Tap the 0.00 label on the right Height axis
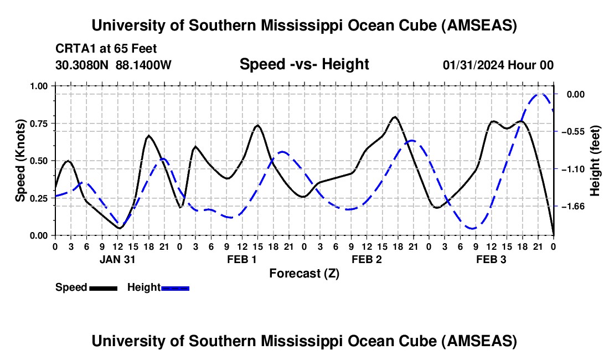click(x=576, y=95)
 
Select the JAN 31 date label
click(x=117, y=259)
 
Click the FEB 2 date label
click(x=367, y=259)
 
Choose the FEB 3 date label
click(x=492, y=259)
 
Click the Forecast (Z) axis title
click(x=304, y=273)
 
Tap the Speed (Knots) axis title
click(x=20, y=161)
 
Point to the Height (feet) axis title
click(x=596, y=161)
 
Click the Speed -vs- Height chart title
click(x=304, y=64)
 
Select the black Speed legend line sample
click(x=103, y=287)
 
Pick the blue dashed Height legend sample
click(x=175, y=287)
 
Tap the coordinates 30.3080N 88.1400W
click(x=113, y=65)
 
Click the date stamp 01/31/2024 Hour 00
click(x=498, y=65)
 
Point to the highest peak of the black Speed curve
click(x=394, y=117)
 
